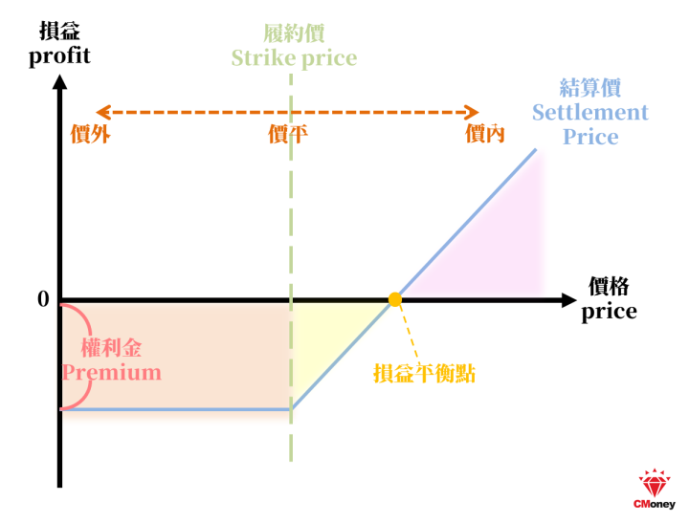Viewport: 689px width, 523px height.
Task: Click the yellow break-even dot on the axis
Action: coord(395,299)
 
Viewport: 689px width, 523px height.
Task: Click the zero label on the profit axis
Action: coord(43,299)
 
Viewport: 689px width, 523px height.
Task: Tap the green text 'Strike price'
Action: coord(294,59)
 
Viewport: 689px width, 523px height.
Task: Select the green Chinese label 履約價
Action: coord(294,33)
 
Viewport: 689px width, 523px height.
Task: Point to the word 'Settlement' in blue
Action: coord(590,113)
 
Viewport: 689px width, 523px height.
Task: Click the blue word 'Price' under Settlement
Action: coord(590,137)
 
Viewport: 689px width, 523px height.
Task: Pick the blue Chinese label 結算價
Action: coord(590,87)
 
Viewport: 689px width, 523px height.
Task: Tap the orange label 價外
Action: coord(91,134)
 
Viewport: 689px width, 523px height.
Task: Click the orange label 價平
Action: coord(288,134)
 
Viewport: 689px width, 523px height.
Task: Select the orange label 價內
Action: coord(484,134)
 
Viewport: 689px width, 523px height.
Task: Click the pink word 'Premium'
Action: coord(112,373)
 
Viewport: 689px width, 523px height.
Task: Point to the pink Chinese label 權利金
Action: coord(112,348)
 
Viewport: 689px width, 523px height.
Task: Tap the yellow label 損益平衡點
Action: coord(425,374)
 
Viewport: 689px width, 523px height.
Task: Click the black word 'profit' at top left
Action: coord(59,56)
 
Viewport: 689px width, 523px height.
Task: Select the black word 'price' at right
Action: coord(609,312)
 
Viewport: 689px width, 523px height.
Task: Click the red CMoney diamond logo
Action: coord(655,483)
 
